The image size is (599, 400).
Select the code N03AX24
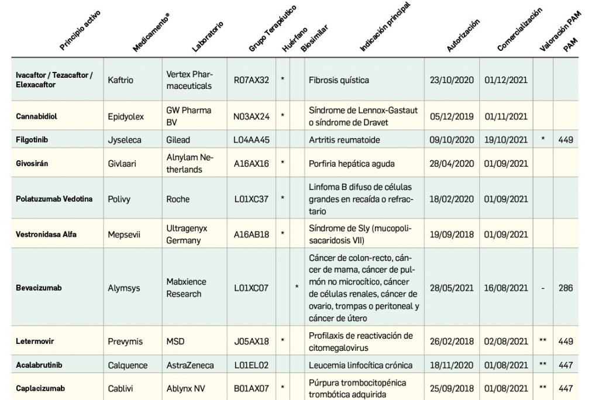pos(251,116)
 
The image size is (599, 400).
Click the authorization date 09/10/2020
pos(451,140)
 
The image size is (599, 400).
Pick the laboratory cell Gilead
pos(178,140)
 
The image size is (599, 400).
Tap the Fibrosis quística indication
pos(339,80)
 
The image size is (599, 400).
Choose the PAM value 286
pos(566,288)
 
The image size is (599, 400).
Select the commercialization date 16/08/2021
pos(506,288)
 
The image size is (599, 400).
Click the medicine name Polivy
pos(119,199)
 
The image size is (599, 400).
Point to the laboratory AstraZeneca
pos(190,365)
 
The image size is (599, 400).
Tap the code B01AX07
pos(251,387)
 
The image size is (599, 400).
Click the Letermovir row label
pos(35,341)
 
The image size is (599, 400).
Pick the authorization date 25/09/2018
pos(451,387)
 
